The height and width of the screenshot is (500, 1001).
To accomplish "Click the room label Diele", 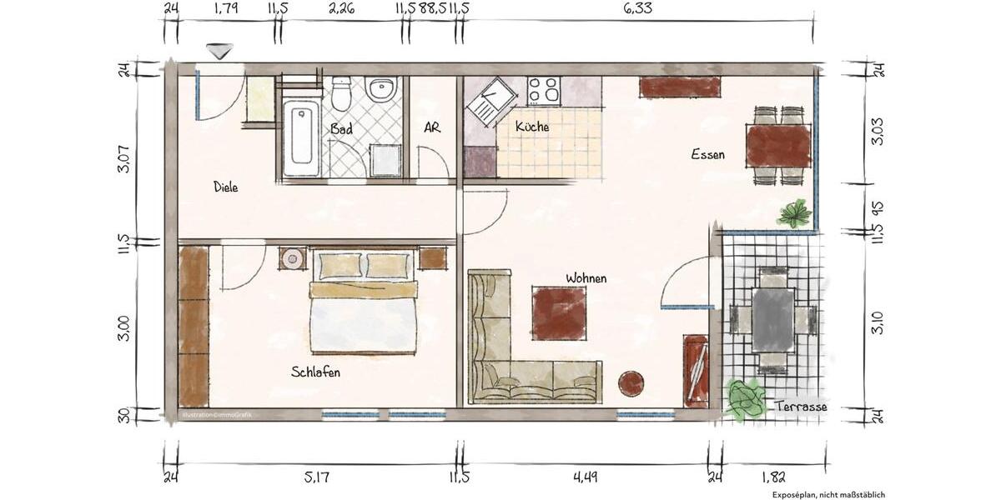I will click(x=225, y=187).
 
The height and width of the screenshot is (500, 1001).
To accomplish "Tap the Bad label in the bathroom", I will click(x=341, y=129).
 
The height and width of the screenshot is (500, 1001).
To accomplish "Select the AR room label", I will click(x=432, y=128).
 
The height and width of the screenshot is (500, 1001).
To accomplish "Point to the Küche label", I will click(x=532, y=127).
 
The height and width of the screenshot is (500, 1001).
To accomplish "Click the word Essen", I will click(x=707, y=154).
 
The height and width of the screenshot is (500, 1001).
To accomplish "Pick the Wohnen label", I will click(x=586, y=277).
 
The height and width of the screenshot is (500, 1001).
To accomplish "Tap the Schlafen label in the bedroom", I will click(x=315, y=372).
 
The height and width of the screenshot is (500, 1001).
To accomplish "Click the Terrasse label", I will click(x=800, y=407).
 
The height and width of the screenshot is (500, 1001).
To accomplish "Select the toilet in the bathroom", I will click(x=341, y=93).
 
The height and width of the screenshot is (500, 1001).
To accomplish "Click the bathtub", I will click(x=301, y=137).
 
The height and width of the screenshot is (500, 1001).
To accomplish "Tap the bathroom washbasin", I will click(x=383, y=89).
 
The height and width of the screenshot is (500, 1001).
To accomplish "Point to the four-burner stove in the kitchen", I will click(x=543, y=89).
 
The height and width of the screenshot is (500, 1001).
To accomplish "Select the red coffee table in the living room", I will click(x=559, y=313).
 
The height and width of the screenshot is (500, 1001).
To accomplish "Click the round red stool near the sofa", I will click(x=631, y=384).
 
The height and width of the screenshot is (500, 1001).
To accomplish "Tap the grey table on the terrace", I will click(x=773, y=319).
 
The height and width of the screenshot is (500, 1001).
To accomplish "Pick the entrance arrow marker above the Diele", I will click(x=219, y=52).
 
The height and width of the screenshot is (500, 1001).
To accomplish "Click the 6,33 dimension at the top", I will click(x=637, y=9).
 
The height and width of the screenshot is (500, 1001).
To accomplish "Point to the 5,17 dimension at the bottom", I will click(x=317, y=477).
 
